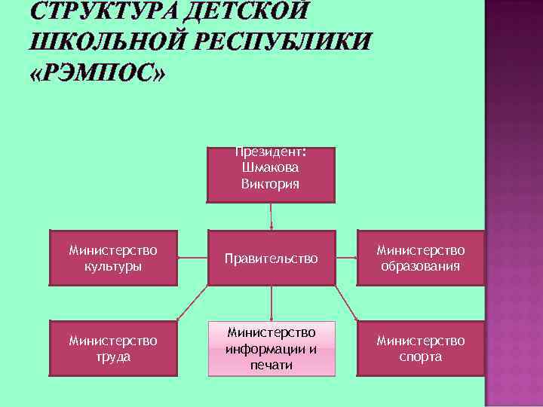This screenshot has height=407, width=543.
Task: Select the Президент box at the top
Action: tap(271, 174)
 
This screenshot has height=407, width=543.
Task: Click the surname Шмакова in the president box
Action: tap(271, 168)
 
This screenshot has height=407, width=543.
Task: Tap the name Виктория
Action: tap(271, 184)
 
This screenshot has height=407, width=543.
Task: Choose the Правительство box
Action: tap(271, 259)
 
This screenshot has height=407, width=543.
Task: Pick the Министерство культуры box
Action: tap(113, 258)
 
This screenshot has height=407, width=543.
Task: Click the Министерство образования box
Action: tap(421, 258)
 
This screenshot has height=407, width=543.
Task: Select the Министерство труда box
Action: tap(113, 348)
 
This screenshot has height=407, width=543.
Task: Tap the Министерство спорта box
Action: tap(421, 348)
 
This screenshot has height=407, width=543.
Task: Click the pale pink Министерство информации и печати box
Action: tap(271, 348)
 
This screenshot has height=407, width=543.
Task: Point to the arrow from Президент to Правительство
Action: tap(271, 216)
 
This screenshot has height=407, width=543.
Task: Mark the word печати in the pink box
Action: tap(271, 366)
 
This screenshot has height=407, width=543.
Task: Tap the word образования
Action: tap(421, 266)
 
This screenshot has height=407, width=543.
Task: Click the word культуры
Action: tap(113, 266)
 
